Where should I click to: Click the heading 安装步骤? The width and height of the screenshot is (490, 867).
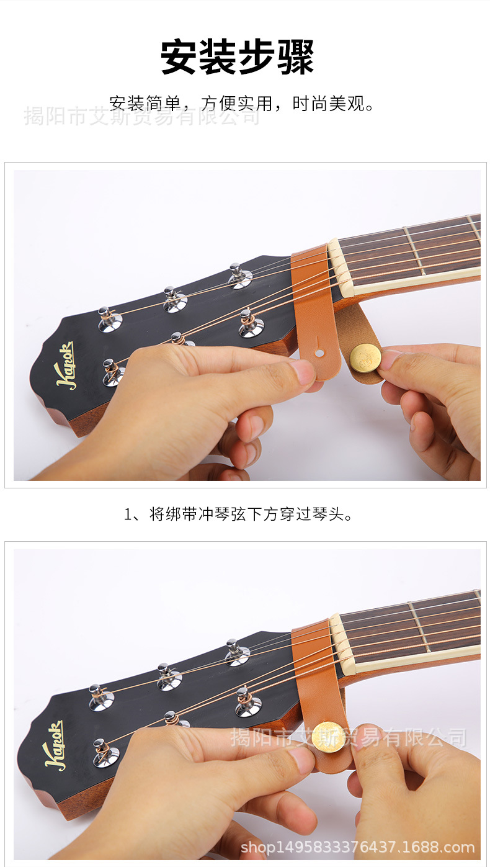(238, 57)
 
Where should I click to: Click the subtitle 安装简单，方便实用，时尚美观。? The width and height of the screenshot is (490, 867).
(242, 102)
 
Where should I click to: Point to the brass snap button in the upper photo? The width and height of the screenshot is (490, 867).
(365, 358)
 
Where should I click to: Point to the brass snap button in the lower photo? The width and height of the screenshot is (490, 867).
(328, 737)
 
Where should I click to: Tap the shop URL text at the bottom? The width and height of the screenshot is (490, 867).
(357, 847)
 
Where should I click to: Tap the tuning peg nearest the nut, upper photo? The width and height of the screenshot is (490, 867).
(239, 276)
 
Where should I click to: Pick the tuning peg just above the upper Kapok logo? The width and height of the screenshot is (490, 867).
(109, 318)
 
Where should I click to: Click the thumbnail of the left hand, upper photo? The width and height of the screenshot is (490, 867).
(303, 372)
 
